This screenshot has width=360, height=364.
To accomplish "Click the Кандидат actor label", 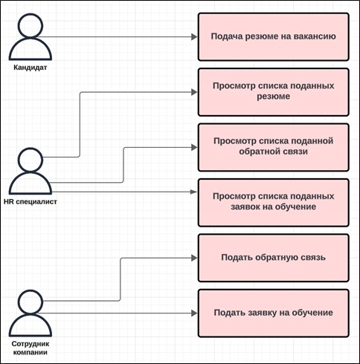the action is (x=30, y=68).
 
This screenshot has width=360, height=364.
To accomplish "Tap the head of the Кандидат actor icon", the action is (x=30, y=25).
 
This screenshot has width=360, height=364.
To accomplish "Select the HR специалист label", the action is (x=30, y=201).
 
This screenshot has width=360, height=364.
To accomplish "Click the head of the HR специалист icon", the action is (x=30, y=160).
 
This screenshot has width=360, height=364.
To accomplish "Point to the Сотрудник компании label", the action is (x=30, y=348).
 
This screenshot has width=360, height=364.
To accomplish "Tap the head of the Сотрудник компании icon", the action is (x=30, y=302).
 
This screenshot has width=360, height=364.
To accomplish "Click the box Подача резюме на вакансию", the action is (x=274, y=37).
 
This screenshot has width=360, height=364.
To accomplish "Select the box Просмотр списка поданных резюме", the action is (x=274, y=92).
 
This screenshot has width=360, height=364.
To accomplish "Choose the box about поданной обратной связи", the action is (x=274, y=147).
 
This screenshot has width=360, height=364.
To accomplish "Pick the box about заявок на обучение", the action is (x=274, y=203).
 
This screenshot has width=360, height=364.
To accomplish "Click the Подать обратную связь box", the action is (x=274, y=258).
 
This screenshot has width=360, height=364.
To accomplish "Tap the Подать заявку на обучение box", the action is (x=274, y=313).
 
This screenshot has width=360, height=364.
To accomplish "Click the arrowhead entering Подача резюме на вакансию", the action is (x=194, y=37).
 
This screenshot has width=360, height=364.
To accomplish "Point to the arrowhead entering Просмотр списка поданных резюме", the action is (x=194, y=92).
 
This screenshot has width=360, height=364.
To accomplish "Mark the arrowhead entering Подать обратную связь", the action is (x=194, y=258).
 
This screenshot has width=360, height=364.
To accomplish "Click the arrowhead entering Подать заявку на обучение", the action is (x=194, y=313).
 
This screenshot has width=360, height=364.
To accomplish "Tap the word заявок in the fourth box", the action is (x=245, y=207).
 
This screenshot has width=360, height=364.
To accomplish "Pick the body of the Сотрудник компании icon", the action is (x=30, y=325).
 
